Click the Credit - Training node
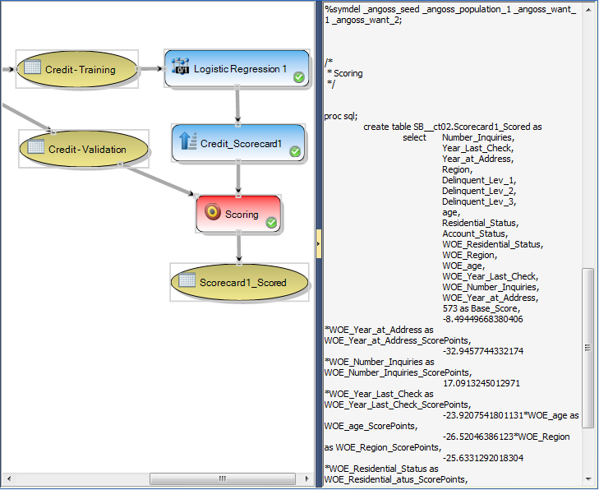tap(79, 70)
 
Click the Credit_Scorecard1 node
tap(238, 144)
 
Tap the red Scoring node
tap(238, 214)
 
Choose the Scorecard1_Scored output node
tap(239, 282)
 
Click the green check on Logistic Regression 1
tap(299, 77)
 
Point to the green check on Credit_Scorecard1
tap(295, 151)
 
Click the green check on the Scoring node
tap(272, 222)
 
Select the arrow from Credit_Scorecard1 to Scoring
tap(238, 178)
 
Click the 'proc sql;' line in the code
tap(342, 116)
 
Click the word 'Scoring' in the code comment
tap(348, 73)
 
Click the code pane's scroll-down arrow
tap(587, 478)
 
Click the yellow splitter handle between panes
tap(319, 243)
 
